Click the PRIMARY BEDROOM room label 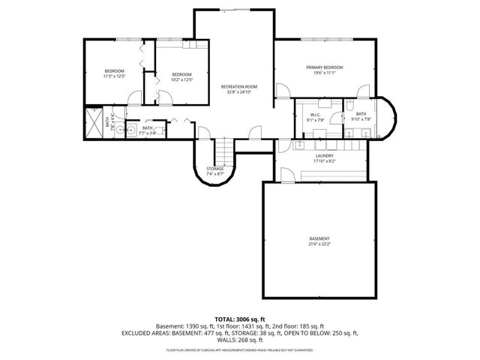pyautogui.click(x=324, y=67)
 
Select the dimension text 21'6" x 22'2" pyautogui.click(x=318, y=244)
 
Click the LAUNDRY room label pyautogui.click(x=324, y=155)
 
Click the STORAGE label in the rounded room pyautogui.click(x=215, y=169)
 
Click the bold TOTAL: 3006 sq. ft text pyautogui.click(x=240, y=319)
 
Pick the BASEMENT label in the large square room pyautogui.click(x=318, y=238)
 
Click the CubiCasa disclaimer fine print pyautogui.click(x=240, y=349)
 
